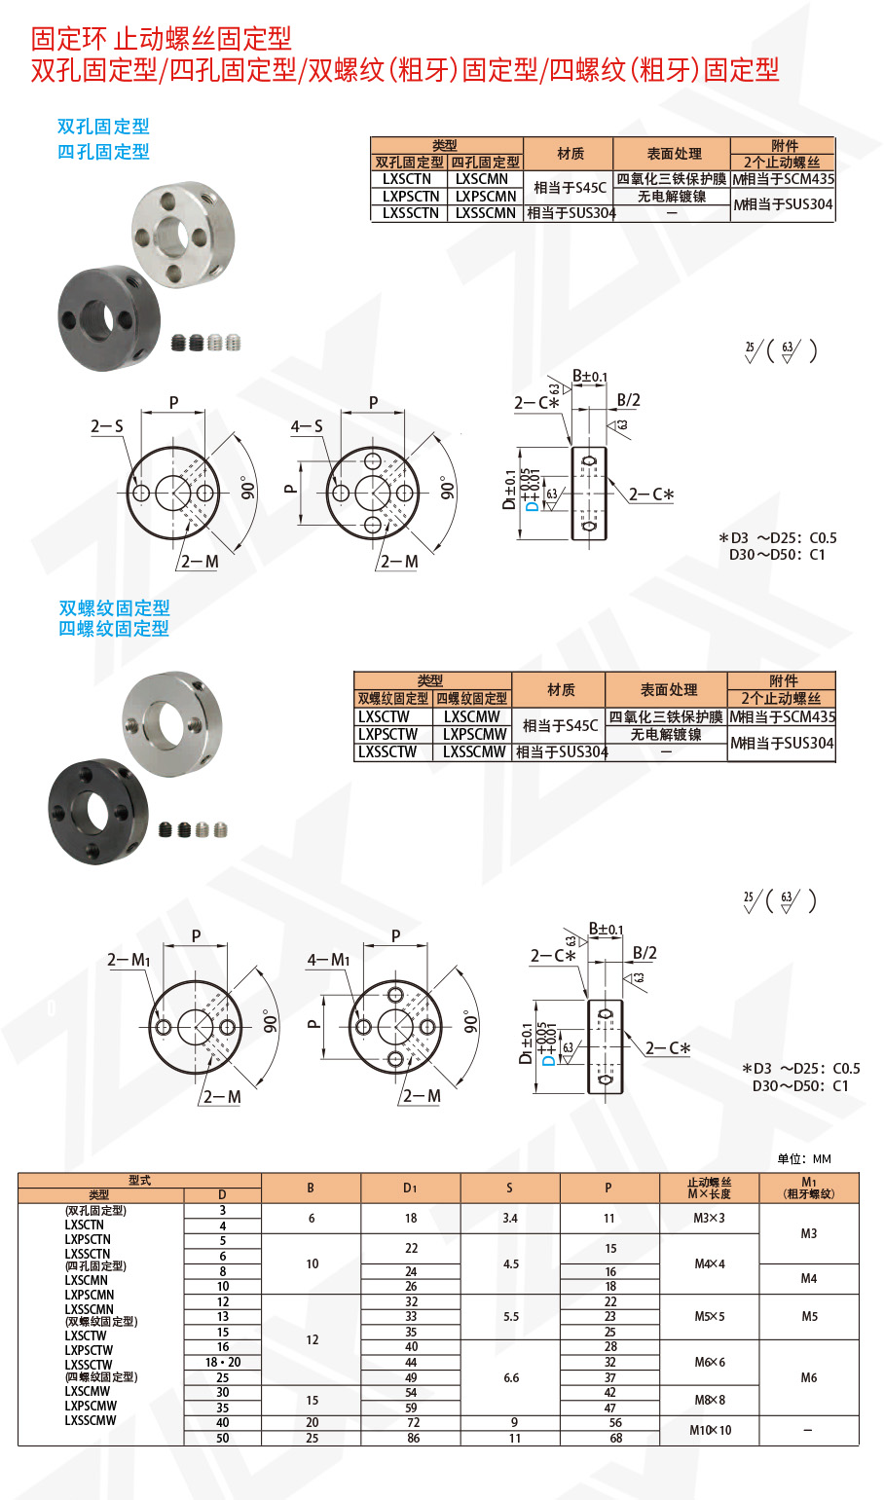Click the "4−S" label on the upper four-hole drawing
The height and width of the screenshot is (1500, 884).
307,426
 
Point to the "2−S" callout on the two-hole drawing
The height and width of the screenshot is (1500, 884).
107,426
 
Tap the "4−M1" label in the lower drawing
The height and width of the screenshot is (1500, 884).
328,960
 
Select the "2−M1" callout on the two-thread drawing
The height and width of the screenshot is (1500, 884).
129,960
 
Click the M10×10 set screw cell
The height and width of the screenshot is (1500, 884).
710,1430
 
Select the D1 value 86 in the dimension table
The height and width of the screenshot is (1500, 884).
411,1438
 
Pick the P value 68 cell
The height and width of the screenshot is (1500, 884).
610,1438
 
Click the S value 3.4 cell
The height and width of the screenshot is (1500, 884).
510,1219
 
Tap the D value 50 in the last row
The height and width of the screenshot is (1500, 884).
223,1438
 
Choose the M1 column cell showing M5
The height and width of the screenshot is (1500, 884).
809,1317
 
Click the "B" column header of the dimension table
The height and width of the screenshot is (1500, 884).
312,1188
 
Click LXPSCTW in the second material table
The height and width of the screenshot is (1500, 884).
387,734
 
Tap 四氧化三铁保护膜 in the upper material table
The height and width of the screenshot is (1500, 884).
671,179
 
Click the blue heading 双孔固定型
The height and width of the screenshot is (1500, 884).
103,127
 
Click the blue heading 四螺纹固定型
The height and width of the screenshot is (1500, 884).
114,629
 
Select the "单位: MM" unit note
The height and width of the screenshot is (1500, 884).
804,1158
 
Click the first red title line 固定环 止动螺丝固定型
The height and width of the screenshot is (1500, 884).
162,39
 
